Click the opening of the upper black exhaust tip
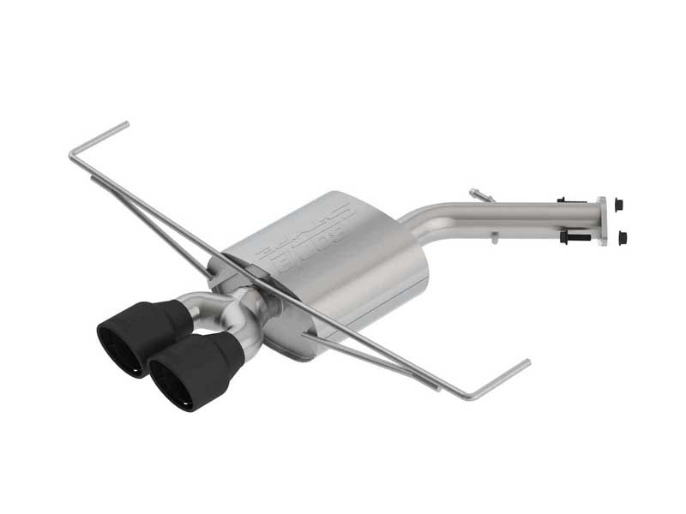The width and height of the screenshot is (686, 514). [x=117, y=347]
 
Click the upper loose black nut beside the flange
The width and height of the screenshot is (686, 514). [x=619, y=205]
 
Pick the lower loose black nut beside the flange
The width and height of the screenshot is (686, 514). [x=623, y=237]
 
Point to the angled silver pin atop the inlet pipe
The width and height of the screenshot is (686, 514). [x=480, y=195]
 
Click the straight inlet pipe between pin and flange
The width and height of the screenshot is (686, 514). [x=532, y=214]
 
